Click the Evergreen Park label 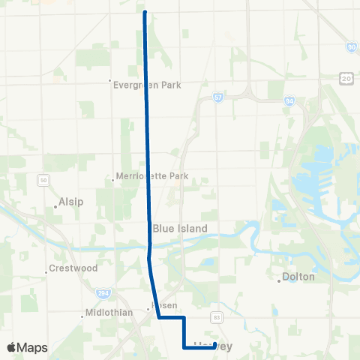[148, 85]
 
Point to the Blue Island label [179, 228]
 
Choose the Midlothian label [109, 311]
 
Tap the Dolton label [298, 277]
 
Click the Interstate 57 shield [217, 98]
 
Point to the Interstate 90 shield [351, 47]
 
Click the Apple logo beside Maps [12, 347]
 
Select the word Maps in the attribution [33, 347]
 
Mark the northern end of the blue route [144, 13]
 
